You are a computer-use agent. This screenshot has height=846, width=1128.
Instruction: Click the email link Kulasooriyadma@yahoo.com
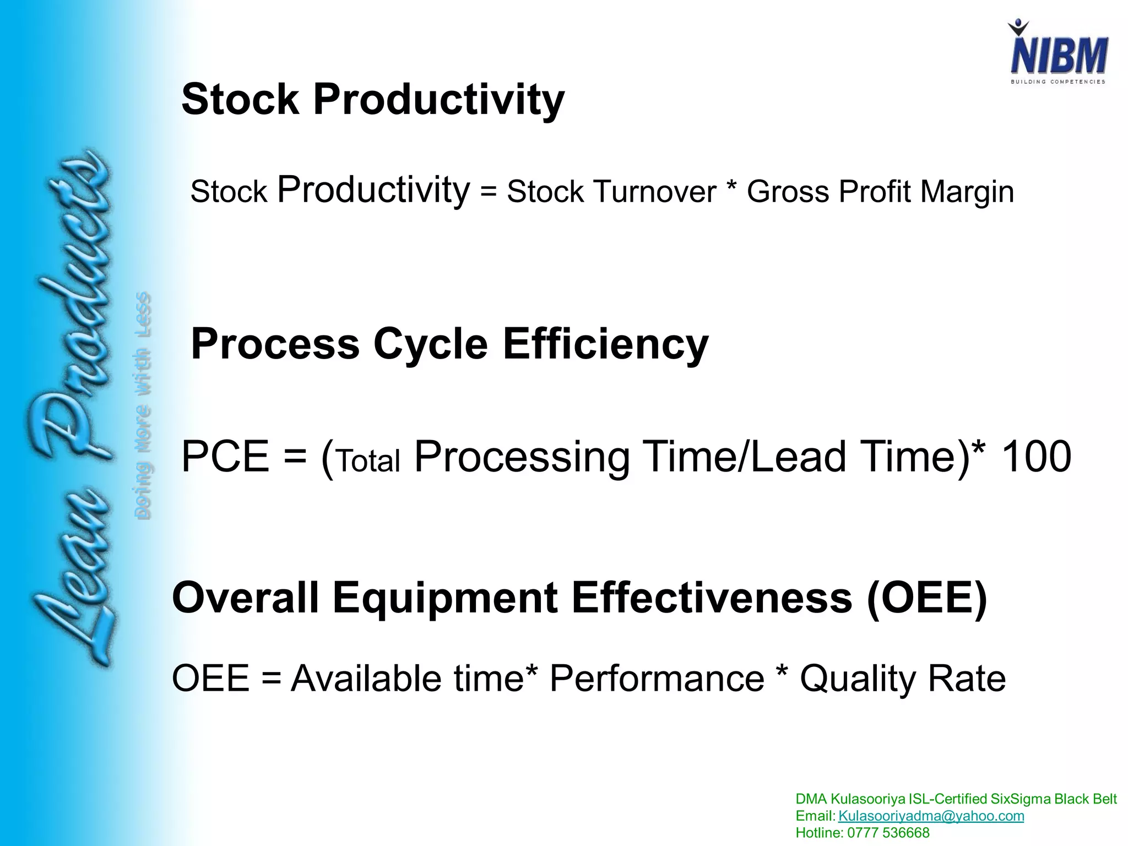[x=931, y=816]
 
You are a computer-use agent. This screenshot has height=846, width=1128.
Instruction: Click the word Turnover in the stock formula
[x=655, y=192]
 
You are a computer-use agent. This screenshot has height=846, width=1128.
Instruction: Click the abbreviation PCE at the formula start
[x=225, y=457]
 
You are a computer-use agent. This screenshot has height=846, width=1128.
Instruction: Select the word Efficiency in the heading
[x=605, y=344]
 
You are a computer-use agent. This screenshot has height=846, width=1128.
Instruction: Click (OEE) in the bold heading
[x=927, y=598]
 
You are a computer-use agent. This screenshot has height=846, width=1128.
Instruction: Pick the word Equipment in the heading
[x=445, y=598]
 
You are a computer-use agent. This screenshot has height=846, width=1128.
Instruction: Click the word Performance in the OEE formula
[x=657, y=679]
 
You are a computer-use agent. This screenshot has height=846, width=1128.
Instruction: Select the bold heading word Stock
[x=240, y=100]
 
